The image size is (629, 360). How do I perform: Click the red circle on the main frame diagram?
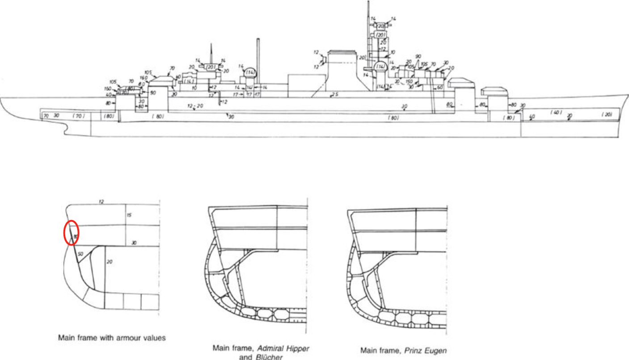[71, 233]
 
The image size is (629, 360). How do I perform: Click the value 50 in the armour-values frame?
[80, 254]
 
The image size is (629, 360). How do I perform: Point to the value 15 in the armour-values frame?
[129, 215]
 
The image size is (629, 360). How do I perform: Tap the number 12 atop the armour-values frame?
[101, 202]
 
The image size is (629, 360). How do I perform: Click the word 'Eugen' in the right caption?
[436, 351]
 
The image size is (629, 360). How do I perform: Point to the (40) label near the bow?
[556, 112]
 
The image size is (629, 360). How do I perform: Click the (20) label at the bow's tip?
[606, 115]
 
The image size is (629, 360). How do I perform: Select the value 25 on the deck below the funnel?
[334, 95]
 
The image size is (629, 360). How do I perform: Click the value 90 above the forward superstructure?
[418, 56]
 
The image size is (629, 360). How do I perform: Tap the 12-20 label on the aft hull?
[195, 106]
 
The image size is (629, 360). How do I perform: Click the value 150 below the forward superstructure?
[409, 81]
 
